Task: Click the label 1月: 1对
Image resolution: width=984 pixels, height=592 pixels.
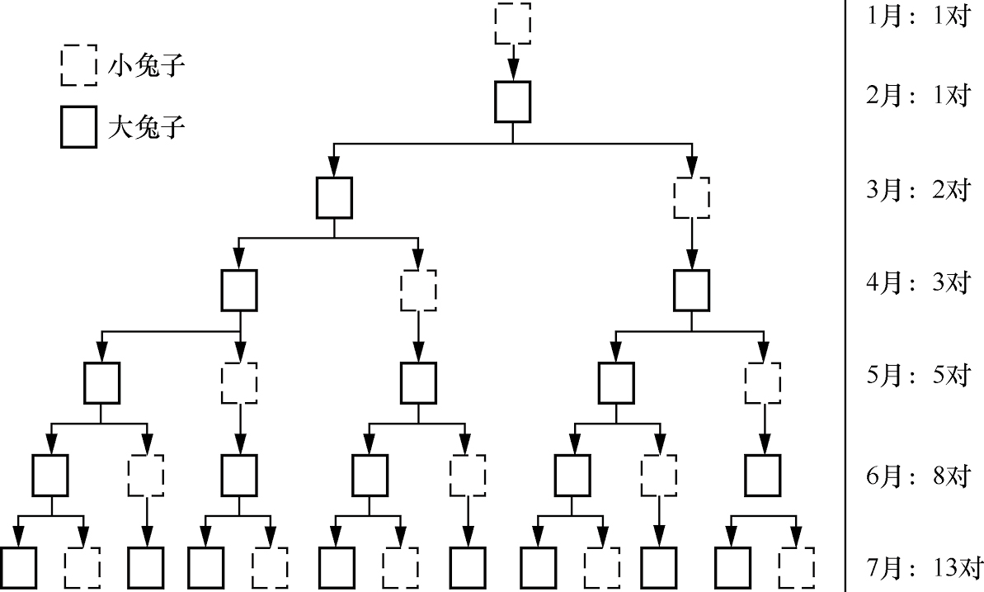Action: (x=917, y=17)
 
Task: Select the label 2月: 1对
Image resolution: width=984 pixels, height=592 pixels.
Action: (x=917, y=96)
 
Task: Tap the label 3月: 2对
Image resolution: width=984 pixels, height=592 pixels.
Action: (x=917, y=190)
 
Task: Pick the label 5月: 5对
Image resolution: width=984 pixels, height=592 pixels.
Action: (x=917, y=376)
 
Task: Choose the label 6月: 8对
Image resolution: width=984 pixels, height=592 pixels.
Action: (x=917, y=476)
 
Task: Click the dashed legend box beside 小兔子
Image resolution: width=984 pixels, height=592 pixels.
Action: (x=78, y=65)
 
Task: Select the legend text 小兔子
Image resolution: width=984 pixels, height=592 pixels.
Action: (x=145, y=66)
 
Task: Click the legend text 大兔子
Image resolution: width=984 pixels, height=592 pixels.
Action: (x=145, y=129)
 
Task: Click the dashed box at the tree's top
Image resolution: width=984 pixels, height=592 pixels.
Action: (x=512, y=24)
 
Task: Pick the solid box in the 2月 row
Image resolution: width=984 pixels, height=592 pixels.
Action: (x=512, y=102)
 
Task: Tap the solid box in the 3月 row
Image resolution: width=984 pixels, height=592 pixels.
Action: (x=334, y=197)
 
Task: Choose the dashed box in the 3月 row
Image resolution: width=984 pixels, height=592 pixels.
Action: (x=692, y=197)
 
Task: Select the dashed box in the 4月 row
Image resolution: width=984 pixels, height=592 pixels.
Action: (x=418, y=290)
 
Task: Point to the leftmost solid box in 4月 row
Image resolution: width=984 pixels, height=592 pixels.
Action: (x=239, y=290)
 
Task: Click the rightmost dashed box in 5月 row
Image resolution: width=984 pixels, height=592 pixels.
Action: (x=763, y=382)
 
